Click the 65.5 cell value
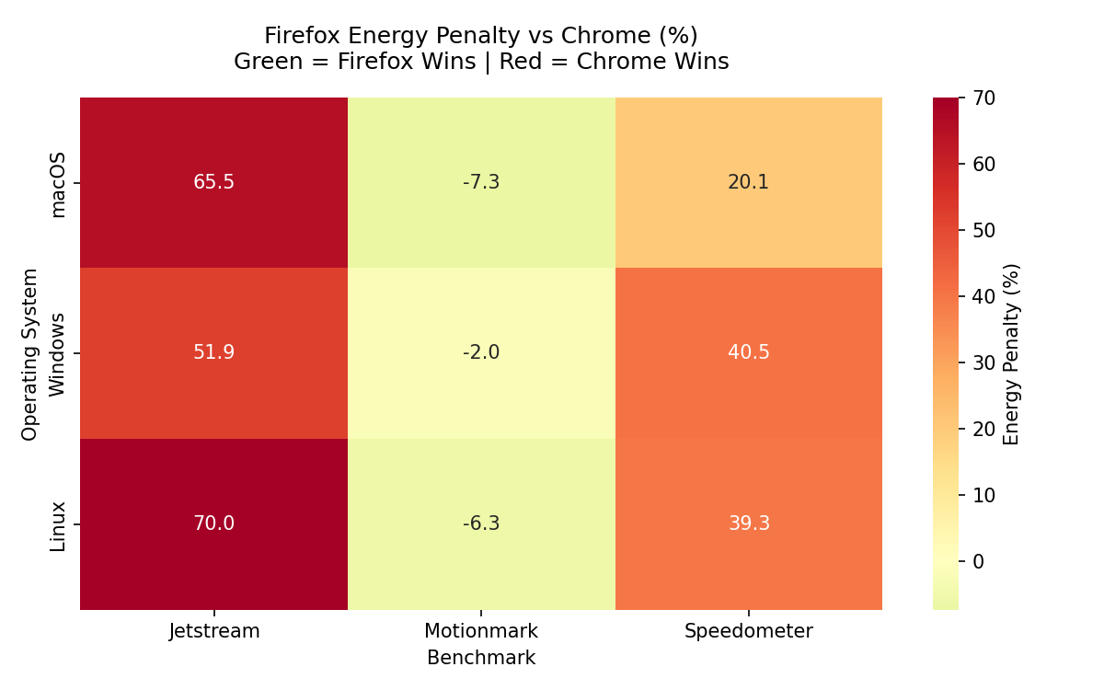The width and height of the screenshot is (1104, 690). click(213, 182)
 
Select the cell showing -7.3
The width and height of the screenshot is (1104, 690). click(481, 182)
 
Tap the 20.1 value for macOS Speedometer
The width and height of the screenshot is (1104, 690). click(748, 182)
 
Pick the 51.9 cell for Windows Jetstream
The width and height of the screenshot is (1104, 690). click(213, 352)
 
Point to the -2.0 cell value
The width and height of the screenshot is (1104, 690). click(481, 352)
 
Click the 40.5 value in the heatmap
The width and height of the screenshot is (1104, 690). click(748, 352)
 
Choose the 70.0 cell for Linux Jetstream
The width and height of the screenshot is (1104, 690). click(213, 523)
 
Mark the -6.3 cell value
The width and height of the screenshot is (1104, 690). click(481, 523)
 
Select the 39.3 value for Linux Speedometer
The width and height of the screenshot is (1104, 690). click(748, 523)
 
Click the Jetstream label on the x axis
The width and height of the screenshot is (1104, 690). click(214, 631)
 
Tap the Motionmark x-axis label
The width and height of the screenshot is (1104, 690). click(481, 631)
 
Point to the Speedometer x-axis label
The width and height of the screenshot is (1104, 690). click(748, 631)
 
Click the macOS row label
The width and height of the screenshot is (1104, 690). click(58, 184)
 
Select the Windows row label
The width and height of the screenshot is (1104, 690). click(58, 354)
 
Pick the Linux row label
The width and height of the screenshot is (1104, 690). click(58, 525)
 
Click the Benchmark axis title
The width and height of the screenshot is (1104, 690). click(481, 658)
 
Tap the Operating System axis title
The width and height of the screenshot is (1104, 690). click(30, 354)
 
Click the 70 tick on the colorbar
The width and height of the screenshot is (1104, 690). click(983, 98)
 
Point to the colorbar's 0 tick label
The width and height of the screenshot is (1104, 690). click(978, 561)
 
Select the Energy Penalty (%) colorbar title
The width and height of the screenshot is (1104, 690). click(1012, 354)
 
